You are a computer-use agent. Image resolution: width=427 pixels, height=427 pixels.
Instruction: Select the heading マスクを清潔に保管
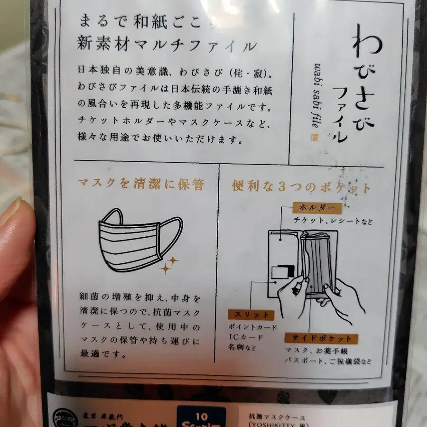click(141, 185)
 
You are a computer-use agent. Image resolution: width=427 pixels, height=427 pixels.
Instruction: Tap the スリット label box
click(251, 315)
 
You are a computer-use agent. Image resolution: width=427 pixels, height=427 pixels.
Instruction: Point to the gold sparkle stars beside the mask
click(168, 264)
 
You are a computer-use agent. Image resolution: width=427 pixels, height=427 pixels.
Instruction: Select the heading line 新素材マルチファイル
click(167, 46)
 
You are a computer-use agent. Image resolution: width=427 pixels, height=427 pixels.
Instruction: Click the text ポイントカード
click(252, 327)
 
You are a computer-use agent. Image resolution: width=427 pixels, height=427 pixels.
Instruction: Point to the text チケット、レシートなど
click(333, 221)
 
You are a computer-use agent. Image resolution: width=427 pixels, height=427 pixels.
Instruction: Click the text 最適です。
click(102, 354)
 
